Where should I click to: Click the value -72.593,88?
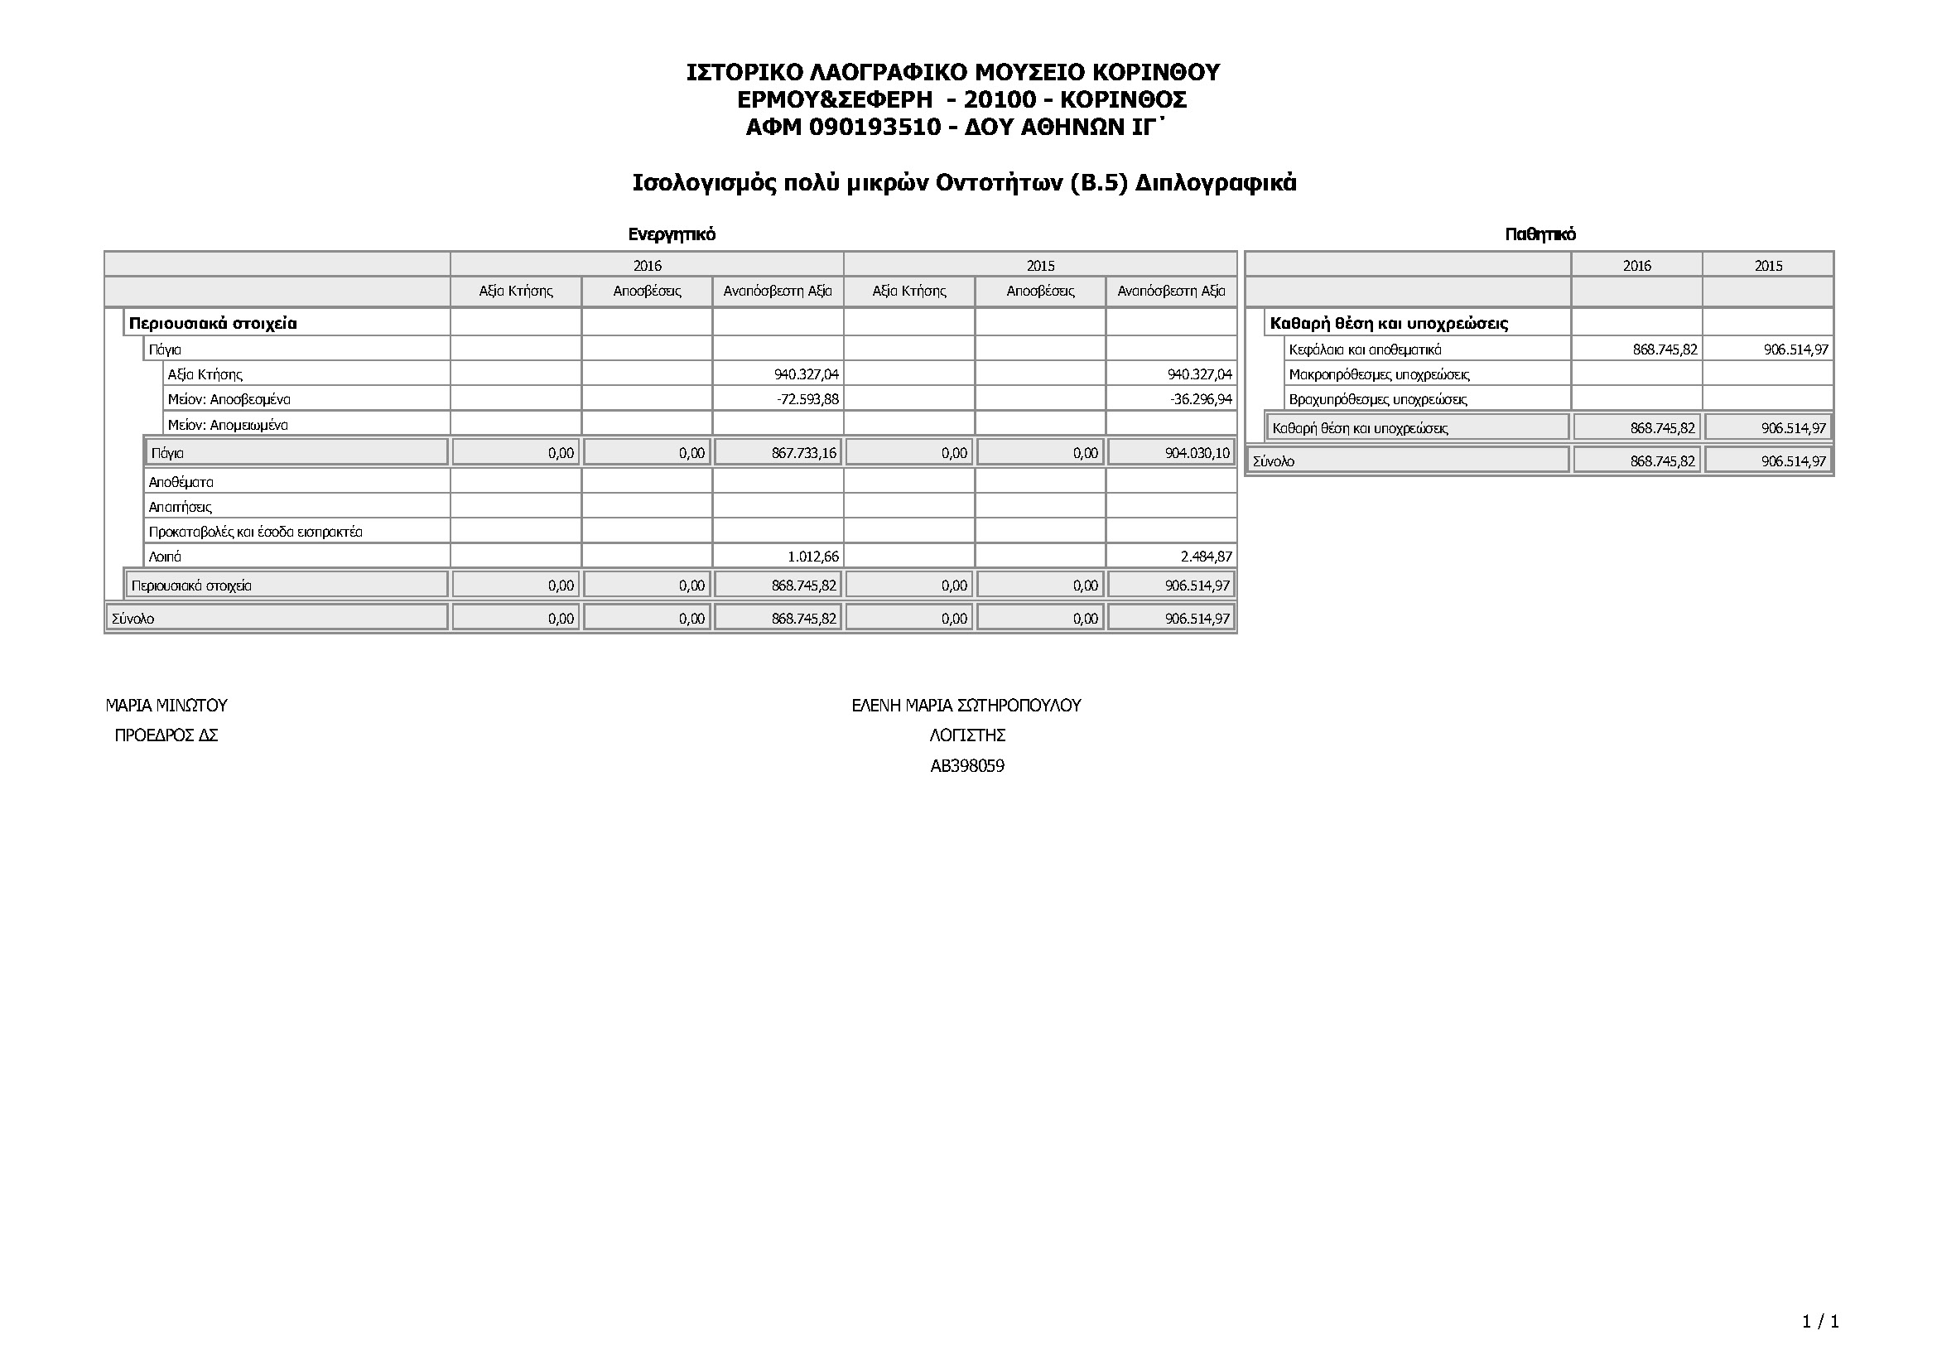[x=807, y=399]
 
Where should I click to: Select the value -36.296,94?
[x=1201, y=399]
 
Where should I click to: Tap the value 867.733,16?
[x=803, y=453]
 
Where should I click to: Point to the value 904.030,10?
[x=1197, y=453]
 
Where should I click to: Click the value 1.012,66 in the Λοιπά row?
[x=812, y=557]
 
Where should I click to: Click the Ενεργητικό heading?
[x=672, y=234]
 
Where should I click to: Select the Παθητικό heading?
[x=1539, y=234]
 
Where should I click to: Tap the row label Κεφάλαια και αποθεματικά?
[x=1365, y=349]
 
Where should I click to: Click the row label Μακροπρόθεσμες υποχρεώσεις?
[x=1379, y=374]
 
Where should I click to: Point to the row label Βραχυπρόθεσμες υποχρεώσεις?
[x=1378, y=399]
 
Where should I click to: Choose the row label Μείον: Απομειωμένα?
[x=228, y=425]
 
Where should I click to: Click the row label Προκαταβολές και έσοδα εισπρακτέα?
[x=256, y=533]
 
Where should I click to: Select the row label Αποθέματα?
[x=181, y=483]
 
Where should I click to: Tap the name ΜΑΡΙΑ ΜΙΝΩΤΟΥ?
[x=166, y=705]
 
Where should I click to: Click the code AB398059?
[x=966, y=766]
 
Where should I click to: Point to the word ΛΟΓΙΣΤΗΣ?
[x=966, y=735]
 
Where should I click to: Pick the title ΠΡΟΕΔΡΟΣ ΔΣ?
[x=166, y=735]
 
